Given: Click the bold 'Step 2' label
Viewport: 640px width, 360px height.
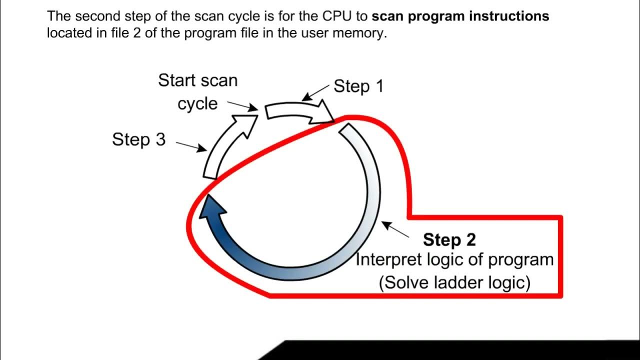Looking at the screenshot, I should (449, 240).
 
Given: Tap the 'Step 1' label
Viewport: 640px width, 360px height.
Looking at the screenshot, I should (358, 86).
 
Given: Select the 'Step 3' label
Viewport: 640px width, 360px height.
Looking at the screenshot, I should (138, 139).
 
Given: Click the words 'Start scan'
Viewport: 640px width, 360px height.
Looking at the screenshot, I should (197, 80).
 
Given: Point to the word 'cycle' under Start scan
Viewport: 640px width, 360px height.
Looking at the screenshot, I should (197, 103).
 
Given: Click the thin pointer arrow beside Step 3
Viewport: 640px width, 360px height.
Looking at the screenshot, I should (191, 145).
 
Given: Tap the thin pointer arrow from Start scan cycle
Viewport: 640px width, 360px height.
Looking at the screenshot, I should (242, 105).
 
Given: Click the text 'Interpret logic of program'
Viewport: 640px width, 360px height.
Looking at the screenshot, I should (454, 260).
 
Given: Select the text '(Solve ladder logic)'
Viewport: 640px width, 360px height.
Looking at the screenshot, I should (454, 282).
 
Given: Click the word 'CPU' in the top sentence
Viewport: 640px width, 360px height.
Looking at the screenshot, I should (336, 16).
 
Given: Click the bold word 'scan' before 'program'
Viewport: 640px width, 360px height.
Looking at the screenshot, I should (388, 16).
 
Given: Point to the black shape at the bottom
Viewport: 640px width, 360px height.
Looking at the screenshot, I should (450, 350).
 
